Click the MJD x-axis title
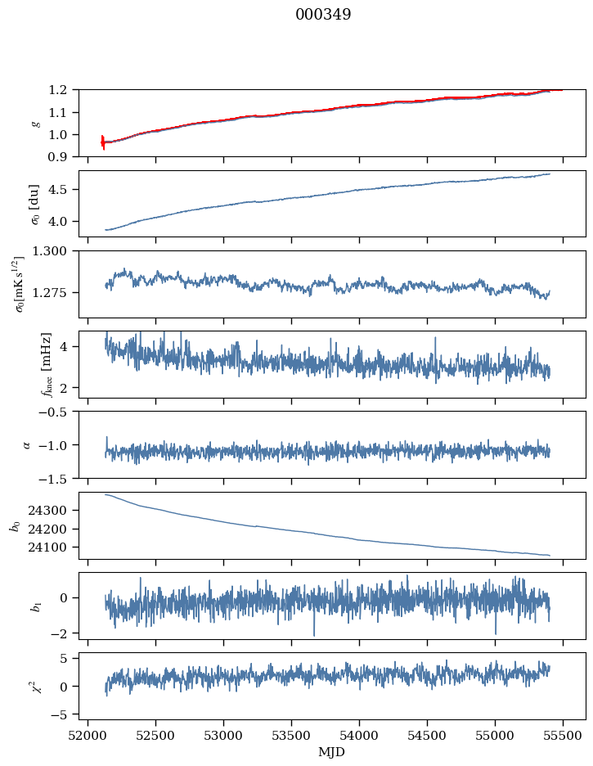point(332,752)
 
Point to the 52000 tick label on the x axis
point(88,736)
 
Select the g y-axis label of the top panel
point(34,123)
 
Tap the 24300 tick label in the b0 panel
point(54,511)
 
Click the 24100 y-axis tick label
point(54,547)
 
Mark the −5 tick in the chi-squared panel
point(61,714)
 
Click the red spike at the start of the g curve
point(103,142)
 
